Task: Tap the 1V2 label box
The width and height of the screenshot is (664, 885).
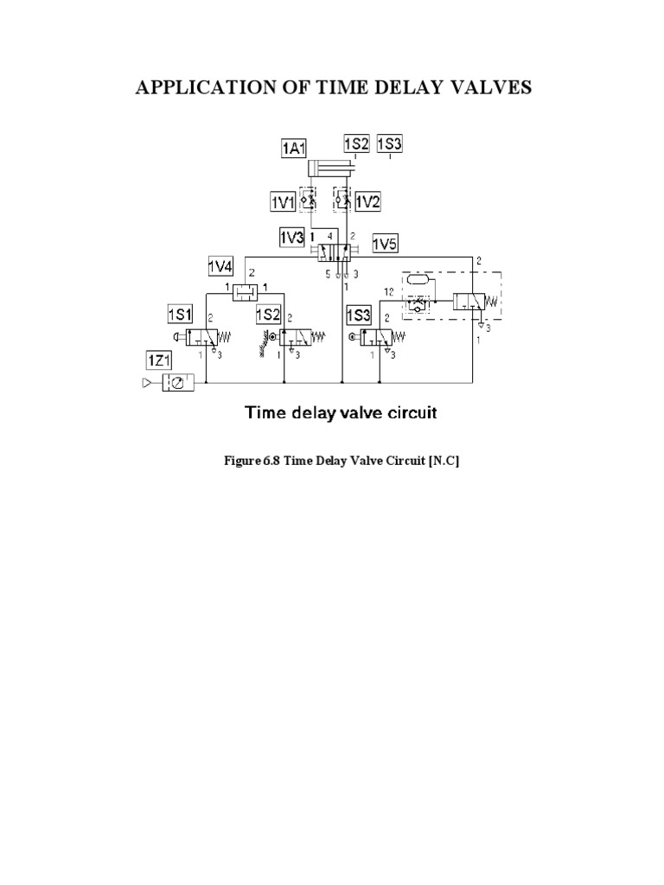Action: point(367,201)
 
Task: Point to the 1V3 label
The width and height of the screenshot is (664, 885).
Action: point(291,237)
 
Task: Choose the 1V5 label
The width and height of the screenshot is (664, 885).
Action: point(385,245)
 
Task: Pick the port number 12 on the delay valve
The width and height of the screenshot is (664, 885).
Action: point(390,292)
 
